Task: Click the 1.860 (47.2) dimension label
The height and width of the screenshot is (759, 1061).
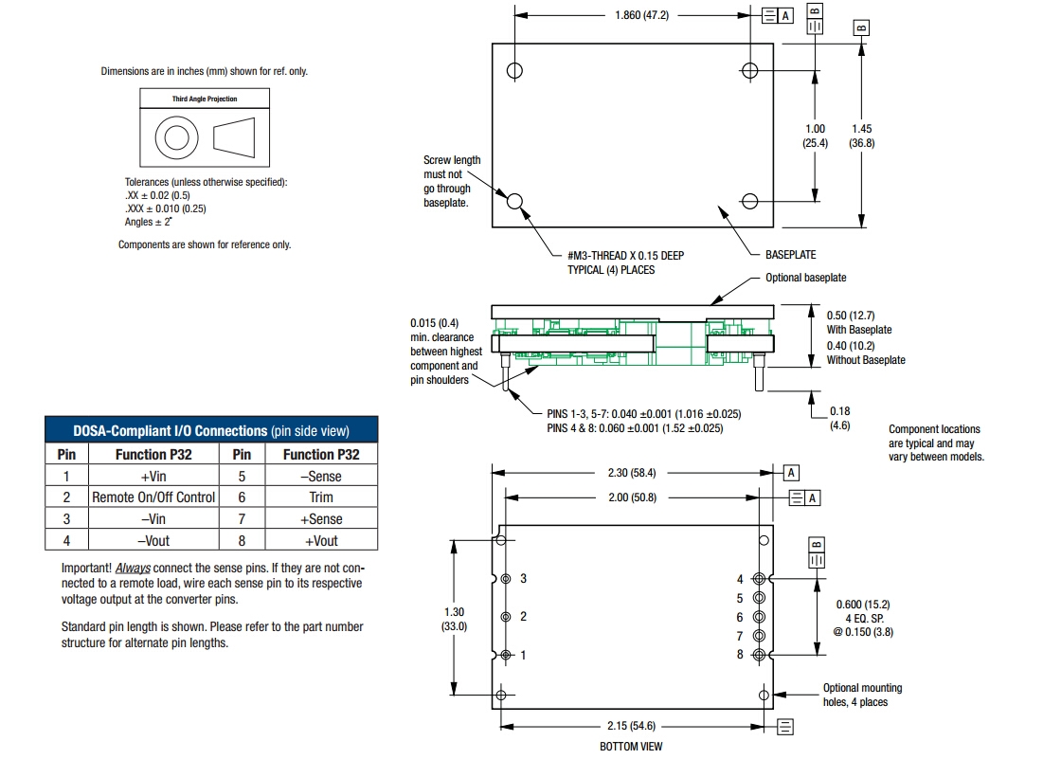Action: (x=643, y=16)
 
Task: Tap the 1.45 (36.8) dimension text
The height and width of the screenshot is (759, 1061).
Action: (x=862, y=136)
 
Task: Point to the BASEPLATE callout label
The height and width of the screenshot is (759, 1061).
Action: (x=790, y=255)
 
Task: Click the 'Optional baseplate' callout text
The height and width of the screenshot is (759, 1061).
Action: (x=805, y=278)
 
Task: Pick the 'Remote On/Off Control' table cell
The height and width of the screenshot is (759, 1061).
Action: (x=153, y=497)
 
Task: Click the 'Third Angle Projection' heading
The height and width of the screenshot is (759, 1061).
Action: (x=205, y=99)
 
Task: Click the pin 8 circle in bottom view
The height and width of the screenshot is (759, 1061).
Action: (x=759, y=655)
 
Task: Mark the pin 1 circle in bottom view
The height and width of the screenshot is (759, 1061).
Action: (x=506, y=655)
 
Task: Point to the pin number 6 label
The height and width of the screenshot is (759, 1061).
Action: (x=740, y=617)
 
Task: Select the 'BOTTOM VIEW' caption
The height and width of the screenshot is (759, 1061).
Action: (x=631, y=747)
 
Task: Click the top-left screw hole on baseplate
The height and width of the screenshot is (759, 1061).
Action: (x=514, y=71)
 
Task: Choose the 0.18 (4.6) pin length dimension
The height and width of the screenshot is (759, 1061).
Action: (x=839, y=419)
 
